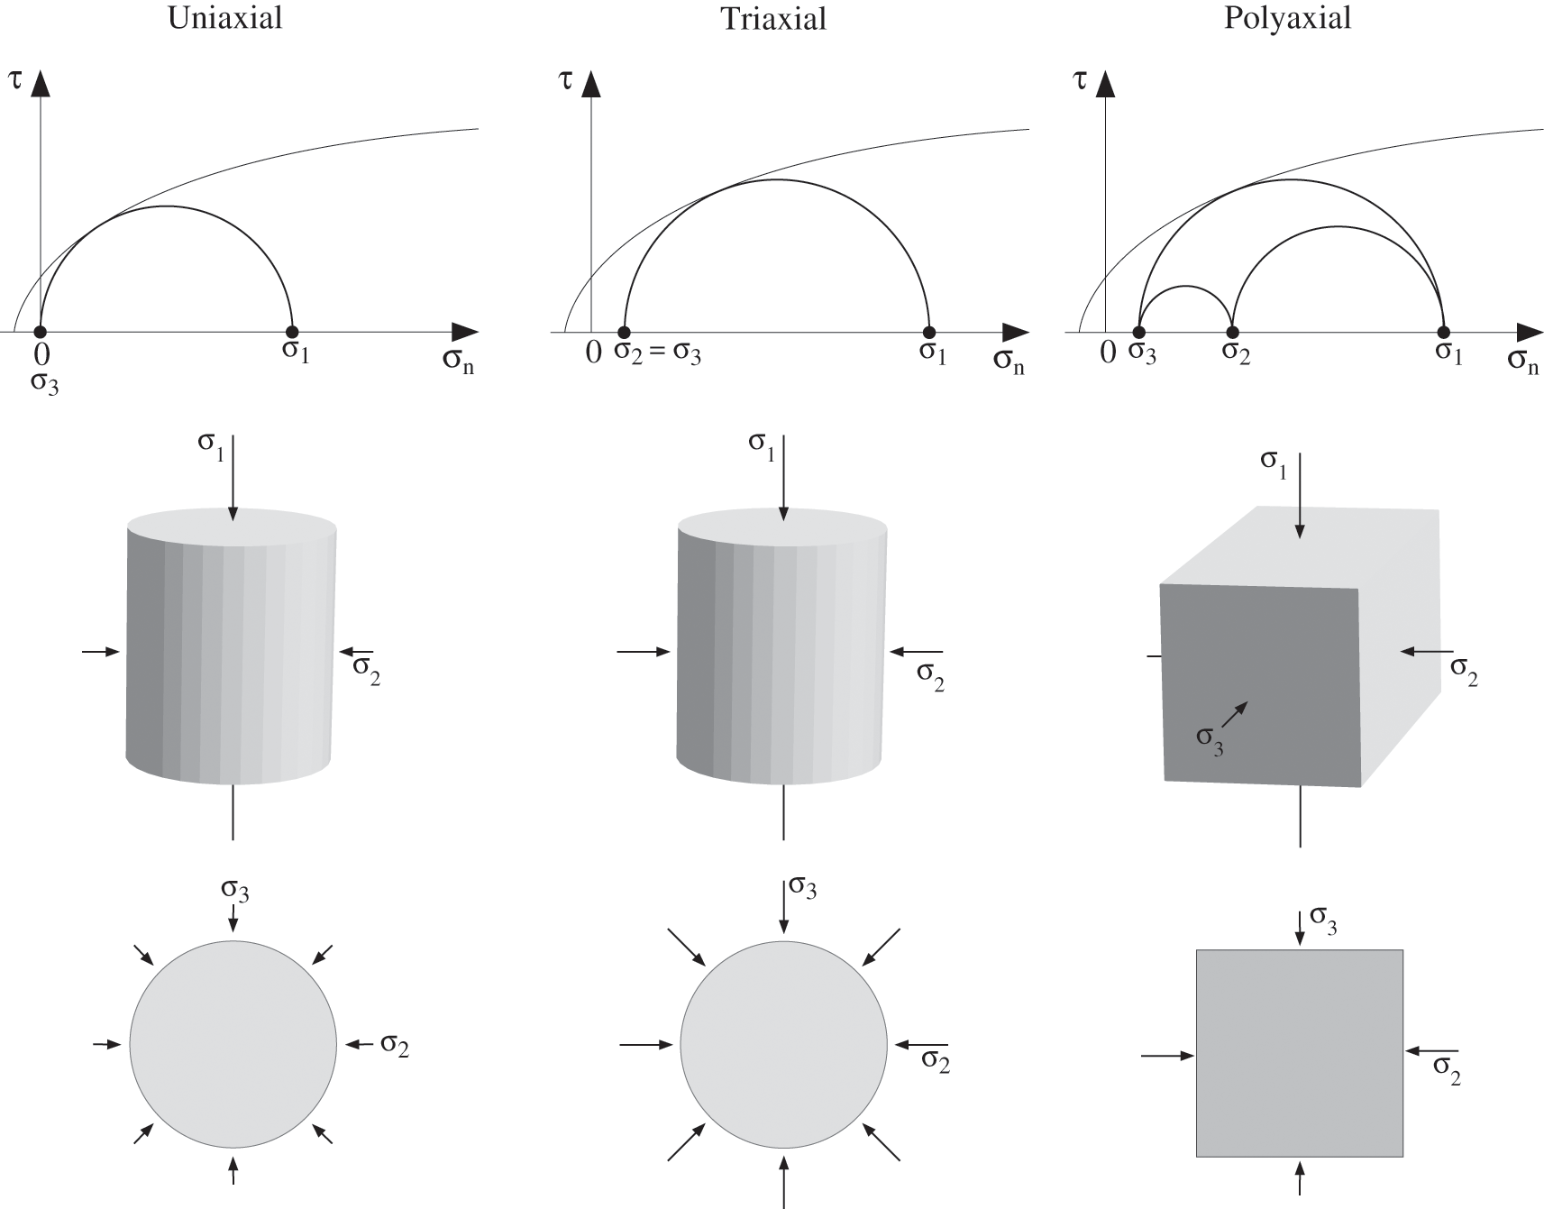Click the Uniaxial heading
[x=224, y=18]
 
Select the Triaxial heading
[x=773, y=19]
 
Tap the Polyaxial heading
[x=1287, y=18]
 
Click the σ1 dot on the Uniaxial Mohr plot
[x=291, y=332]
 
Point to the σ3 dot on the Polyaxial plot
[x=1139, y=332]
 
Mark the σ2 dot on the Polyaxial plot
[x=1233, y=332]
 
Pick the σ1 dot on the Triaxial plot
[x=929, y=332]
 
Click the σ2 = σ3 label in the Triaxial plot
[x=657, y=353]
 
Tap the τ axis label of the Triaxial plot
[x=566, y=79]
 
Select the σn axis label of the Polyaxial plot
[x=1522, y=362]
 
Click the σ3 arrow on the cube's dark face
[x=1235, y=715]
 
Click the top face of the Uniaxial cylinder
[x=233, y=527]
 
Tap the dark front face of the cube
[x=1260, y=685]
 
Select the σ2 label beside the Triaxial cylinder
[x=930, y=675]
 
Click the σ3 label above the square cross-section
[x=1323, y=919]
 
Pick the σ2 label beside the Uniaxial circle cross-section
[x=395, y=1045]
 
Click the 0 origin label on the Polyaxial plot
[x=1108, y=353]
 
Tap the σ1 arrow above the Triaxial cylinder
[x=783, y=478]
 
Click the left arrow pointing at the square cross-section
[x=1168, y=1054]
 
